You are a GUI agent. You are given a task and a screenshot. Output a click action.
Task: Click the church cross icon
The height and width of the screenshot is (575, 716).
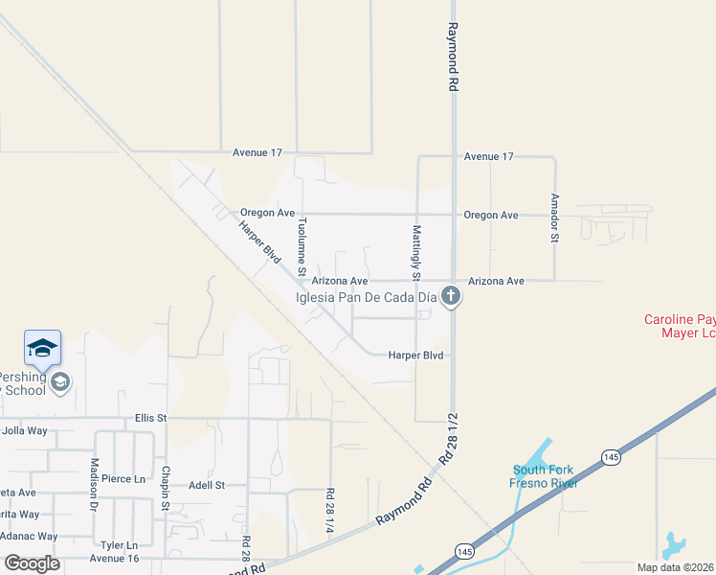[452, 297]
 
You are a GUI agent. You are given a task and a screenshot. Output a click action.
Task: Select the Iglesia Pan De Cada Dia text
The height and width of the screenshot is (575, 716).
[367, 297]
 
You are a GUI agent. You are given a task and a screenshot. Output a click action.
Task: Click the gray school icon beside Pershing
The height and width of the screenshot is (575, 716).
[60, 382]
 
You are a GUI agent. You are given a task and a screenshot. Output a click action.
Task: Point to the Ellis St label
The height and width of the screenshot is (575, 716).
[151, 418]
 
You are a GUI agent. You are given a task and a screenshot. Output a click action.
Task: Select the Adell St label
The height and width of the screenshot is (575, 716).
[205, 485]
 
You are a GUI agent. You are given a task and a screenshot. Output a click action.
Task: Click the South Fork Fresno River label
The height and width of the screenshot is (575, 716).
[542, 476]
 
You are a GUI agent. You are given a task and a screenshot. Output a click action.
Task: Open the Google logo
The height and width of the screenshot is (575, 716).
[33, 563]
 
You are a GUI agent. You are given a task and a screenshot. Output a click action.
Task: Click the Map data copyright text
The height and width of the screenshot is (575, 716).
[676, 567]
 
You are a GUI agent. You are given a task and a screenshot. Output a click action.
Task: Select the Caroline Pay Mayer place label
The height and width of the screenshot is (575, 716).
[680, 326]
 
